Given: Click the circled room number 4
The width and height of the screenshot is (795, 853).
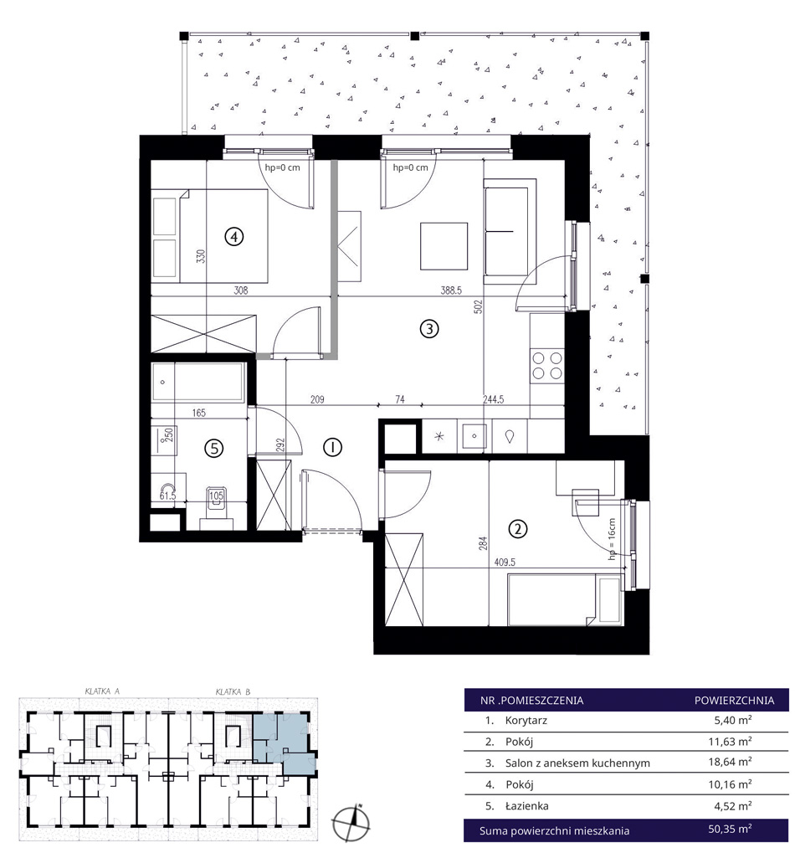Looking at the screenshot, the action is [x=233, y=237].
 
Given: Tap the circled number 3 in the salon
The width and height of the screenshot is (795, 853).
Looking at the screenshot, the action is [x=429, y=329].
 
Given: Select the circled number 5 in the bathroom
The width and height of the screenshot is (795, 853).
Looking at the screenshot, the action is [x=213, y=448].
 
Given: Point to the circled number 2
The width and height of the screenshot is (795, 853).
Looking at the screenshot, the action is [x=517, y=528].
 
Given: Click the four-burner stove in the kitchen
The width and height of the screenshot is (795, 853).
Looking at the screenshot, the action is [x=547, y=366].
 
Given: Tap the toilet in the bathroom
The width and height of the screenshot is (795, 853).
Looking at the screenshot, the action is [x=217, y=503].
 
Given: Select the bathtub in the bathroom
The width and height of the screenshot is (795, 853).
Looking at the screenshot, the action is [x=198, y=383].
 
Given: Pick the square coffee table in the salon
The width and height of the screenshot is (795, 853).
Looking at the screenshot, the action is [x=444, y=246].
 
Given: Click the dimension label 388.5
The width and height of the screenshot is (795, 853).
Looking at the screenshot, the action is [x=451, y=290].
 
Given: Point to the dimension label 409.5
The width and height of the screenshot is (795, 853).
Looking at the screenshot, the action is [x=505, y=562].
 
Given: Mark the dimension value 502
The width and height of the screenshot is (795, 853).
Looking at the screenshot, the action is [x=479, y=307].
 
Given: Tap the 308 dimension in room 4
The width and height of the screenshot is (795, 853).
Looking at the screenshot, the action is [x=241, y=290].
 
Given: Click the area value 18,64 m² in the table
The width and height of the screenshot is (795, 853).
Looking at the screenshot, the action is [x=730, y=762].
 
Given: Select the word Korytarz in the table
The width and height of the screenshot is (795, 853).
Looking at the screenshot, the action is [x=526, y=721].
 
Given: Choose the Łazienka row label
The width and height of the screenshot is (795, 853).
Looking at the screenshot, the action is [x=527, y=805].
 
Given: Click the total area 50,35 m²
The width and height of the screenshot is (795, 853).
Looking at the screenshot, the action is [x=730, y=830].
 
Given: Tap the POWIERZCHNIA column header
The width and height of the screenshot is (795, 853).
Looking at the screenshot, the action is [x=734, y=700].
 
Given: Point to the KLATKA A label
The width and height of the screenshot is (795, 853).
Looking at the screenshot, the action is [x=102, y=691].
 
